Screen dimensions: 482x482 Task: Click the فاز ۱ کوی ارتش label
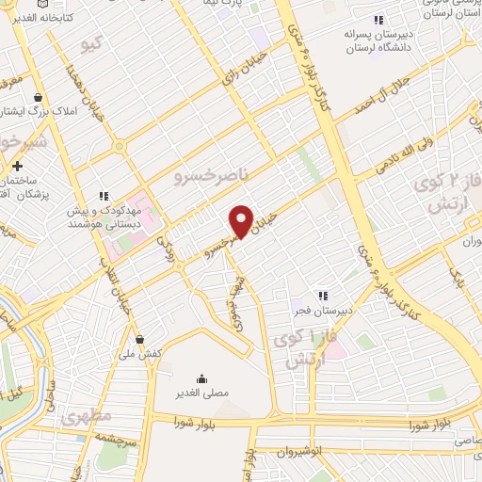pyautogui.click(x=300, y=349)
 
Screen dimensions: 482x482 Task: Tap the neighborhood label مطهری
pyautogui.click(x=86, y=414)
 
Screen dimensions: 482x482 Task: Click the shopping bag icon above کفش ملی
pyautogui.click(x=139, y=339)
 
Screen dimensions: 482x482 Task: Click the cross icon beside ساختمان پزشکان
pyautogui.click(x=18, y=167)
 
